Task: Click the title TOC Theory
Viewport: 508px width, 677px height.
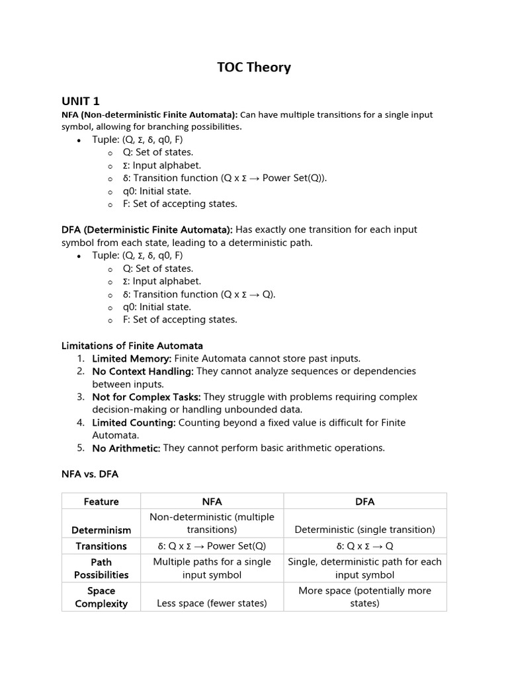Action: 254,67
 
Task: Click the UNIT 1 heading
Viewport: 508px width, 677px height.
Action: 81,100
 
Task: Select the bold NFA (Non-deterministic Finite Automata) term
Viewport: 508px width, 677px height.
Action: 149,114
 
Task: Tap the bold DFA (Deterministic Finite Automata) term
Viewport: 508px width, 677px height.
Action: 147,229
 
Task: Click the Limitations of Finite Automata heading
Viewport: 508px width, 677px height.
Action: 132,345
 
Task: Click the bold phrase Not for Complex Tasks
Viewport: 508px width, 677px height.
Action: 146,397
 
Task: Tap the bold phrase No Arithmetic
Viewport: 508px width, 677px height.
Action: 126,448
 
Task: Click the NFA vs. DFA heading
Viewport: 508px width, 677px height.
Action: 90,474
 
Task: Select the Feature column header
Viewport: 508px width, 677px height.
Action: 101,502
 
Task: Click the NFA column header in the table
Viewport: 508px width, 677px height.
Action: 212,502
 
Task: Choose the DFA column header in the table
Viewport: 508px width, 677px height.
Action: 364,502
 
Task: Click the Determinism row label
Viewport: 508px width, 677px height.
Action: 101,530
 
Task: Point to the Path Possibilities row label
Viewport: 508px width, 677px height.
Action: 101,568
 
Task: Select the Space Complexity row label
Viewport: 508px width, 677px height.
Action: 101,597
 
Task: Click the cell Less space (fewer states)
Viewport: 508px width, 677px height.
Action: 212,603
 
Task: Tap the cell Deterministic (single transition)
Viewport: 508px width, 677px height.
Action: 364,530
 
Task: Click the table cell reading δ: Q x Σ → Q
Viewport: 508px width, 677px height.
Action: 364,546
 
